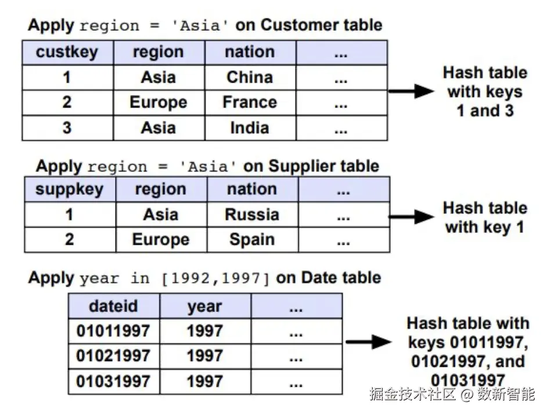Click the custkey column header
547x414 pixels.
[68, 52]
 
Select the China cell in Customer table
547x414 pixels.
[250, 77]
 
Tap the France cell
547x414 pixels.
[250, 103]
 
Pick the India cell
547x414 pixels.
[250, 128]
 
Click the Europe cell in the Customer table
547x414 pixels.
[159, 103]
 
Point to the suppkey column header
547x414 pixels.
[70, 190]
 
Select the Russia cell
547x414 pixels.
[252, 215]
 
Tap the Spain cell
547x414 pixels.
[252, 240]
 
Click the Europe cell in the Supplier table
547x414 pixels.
[161, 240]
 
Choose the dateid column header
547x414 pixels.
[114, 306]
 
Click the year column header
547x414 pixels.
[205, 306]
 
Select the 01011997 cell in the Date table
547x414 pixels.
[114, 331]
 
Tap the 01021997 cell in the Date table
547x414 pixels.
[114, 356]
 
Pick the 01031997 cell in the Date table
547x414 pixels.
[114, 381]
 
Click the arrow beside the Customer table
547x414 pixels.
[411, 91]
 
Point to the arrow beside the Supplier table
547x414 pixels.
[411, 217]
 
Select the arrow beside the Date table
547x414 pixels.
[368, 342]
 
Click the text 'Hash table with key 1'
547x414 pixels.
[485, 217]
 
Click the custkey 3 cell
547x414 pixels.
[68, 128]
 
